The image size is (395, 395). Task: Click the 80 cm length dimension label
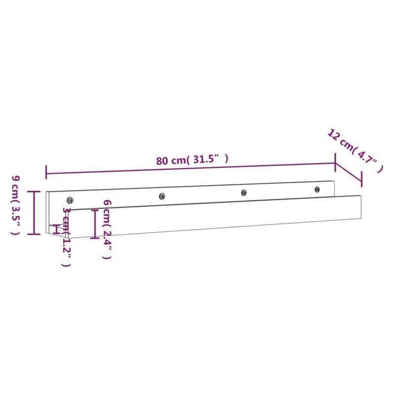(x=193, y=160)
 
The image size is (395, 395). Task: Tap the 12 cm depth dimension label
(x=355, y=151)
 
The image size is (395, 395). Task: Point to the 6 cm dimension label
(x=106, y=230)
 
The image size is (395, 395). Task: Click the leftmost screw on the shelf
(x=70, y=200)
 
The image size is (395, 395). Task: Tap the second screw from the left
(x=161, y=196)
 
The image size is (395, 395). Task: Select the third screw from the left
(x=243, y=193)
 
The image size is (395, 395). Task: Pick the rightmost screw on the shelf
(x=317, y=189)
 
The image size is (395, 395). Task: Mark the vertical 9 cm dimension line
(x=34, y=212)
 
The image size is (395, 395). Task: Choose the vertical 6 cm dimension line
(x=95, y=224)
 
